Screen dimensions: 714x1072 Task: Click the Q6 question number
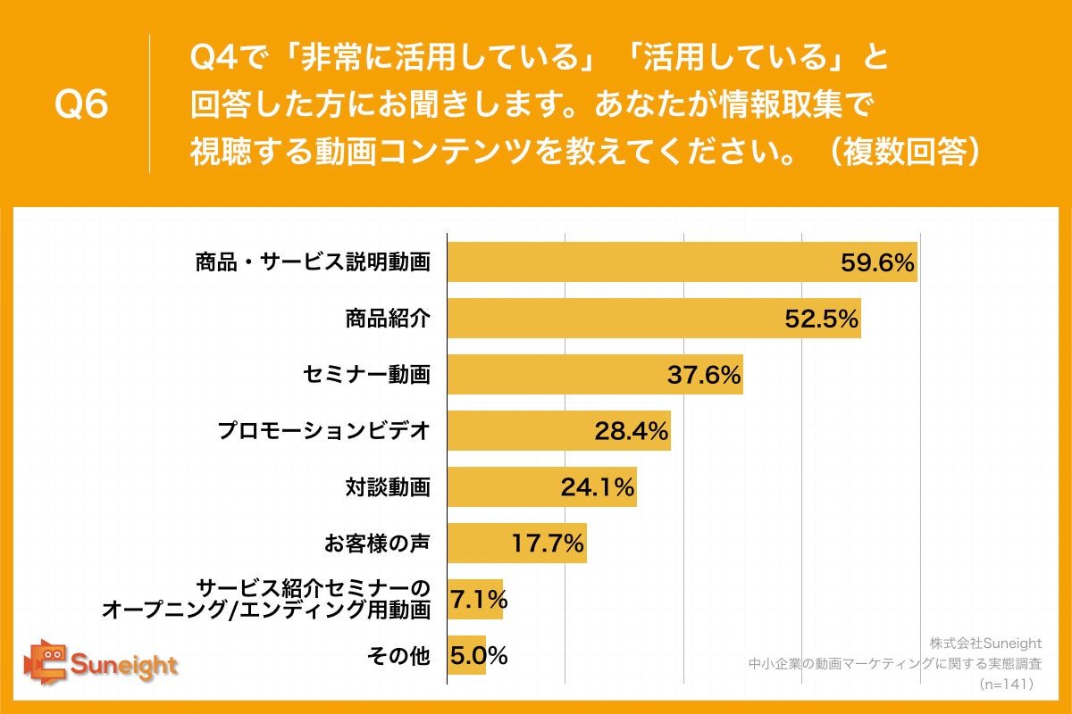point(81,105)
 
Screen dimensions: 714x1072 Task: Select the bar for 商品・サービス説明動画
point(682,262)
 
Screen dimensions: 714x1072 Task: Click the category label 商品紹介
point(388,319)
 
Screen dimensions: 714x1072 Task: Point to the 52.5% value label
point(822,319)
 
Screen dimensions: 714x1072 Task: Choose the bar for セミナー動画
point(594,375)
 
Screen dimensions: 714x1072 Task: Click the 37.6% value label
point(704,375)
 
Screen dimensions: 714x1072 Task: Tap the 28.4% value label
point(632,431)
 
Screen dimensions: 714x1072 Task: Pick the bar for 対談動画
point(541,487)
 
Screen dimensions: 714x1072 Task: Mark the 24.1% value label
point(597,487)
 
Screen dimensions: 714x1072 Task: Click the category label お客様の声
point(377,543)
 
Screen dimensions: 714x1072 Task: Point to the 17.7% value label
point(547,543)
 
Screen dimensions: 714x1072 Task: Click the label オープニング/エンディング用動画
point(266,610)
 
